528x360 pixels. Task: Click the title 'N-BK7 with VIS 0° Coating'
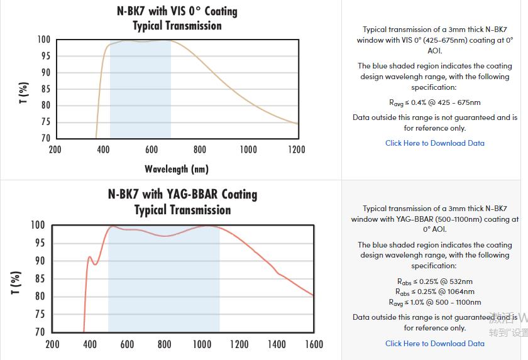pos(177,11)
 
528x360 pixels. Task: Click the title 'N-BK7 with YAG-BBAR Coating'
pos(182,194)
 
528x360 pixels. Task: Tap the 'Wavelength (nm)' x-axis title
pos(177,168)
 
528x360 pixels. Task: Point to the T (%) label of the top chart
pos(24,92)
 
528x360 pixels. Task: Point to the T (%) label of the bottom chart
pos(16,282)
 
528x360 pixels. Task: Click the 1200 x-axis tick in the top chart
pos(297,150)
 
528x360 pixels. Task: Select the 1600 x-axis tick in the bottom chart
pos(313,344)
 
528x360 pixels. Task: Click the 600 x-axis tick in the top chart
pos(151,150)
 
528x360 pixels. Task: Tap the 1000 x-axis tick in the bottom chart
pos(202,344)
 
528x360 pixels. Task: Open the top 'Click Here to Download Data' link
pos(435,143)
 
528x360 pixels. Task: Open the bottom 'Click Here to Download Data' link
pos(435,343)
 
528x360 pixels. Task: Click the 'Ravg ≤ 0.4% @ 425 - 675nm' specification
pos(435,102)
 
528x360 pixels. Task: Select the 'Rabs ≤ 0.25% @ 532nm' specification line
pos(435,281)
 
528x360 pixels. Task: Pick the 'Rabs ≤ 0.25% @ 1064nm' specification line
pos(435,292)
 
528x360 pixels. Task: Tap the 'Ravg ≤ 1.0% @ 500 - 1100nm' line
pos(435,302)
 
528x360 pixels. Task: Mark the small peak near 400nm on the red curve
pos(90,256)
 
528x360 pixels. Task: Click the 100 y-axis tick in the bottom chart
pos(38,225)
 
